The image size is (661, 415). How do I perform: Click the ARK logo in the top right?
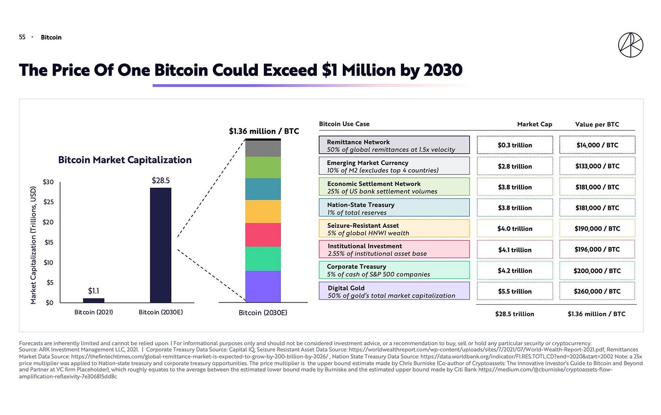pyautogui.click(x=630, y=45)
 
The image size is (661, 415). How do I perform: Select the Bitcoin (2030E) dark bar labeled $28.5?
pyautogui.click(x=161, y=245)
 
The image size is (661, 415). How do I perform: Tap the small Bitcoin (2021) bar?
pyautogui.click(x=93, y=300)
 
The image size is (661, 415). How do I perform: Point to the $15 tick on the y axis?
pyautogui.click(x=48, y=242)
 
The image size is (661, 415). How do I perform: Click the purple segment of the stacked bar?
pyautogui.click(x=263, y=286)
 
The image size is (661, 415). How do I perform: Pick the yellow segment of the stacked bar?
pyautogui.click(x=263, y=211)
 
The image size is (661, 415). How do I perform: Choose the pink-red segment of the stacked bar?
pyautogui.click(x=263, y=234)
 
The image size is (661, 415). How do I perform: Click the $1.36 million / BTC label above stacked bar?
pyautogui.click(x=264, y=131)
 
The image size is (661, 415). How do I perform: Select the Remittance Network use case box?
pyautogui.click(x=394, y=145)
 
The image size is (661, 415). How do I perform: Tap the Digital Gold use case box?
pyautogui.click(x=394, y=291)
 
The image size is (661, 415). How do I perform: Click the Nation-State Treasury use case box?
pyautogui.click(x=394, y=208)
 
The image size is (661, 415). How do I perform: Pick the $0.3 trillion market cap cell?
pyautogui.click(x=515, y=145)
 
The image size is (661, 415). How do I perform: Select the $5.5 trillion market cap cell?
pyautogui.click(x=515, y=291)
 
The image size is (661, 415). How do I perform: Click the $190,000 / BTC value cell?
pyautogui.click(x=597, y=229)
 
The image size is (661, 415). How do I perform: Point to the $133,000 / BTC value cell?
pyautogui.click(x=597, y=166)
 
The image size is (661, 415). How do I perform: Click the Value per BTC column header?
pyautogui.click(x=597, y=124)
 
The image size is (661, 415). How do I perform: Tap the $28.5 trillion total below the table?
pyautogui.click(x=515, y=314)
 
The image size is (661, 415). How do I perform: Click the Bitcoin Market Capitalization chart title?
pyautogui.click(x=125, y=160)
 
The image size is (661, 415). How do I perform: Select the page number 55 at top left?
pyautogui.click(x=22, y=37)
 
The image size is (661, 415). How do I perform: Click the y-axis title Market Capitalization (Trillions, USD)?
pyautogui.click(x=34, y=245)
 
